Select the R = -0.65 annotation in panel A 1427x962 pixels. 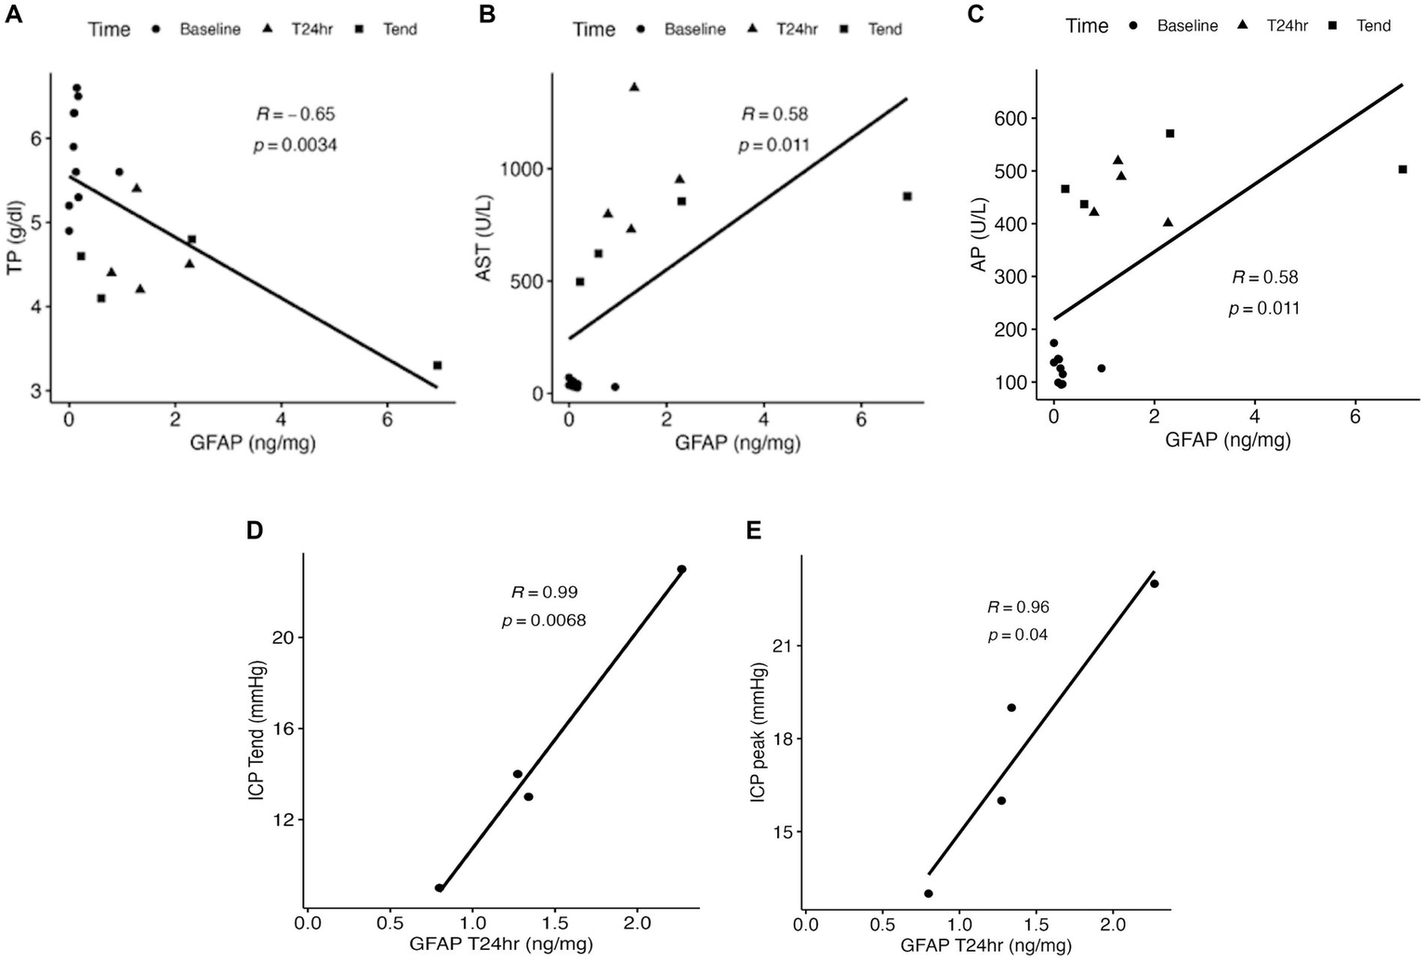[x=296, y=114]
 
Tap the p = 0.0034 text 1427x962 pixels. [x=295, y=145]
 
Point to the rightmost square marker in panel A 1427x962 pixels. [x=437, y=366]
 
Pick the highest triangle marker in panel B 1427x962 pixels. [x=634, y=87]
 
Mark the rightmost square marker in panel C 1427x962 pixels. [x=1403, y=169]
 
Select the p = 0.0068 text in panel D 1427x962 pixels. [x=544, y=621]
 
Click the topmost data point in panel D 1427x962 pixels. [x=681, y=568]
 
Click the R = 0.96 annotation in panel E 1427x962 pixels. [x=1018, y=608]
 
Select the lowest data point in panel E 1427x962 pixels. [x=928, y=893]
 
